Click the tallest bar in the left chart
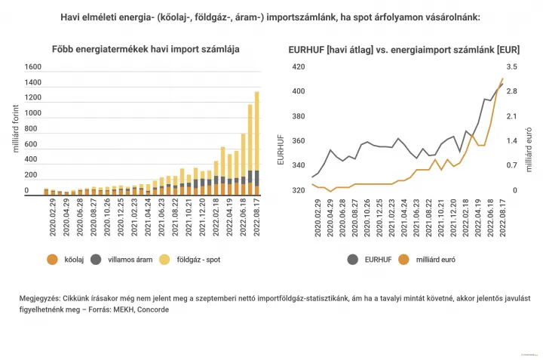[x=256, y=143]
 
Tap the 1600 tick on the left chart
[x=33, y=67]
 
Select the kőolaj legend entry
[x=66, y=260]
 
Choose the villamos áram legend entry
[x=121, y=260]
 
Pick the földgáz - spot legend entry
[x=190, y=260]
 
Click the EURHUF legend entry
[x=370, y=260]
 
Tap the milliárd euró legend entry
[x=427, y=260]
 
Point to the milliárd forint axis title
[x=16, y=128]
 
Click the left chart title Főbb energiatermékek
[x=146, y=49]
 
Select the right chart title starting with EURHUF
[x=403, y=50]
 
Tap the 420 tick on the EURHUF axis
[x=299, y=67]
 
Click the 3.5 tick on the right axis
[x=511, y=67]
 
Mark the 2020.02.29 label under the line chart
[x=318, y=218]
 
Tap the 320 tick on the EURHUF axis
[x=299, y=190]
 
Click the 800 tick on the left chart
[x=31, y=128]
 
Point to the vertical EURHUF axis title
[x=281, y=149]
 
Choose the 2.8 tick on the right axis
[x=511, y=91]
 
